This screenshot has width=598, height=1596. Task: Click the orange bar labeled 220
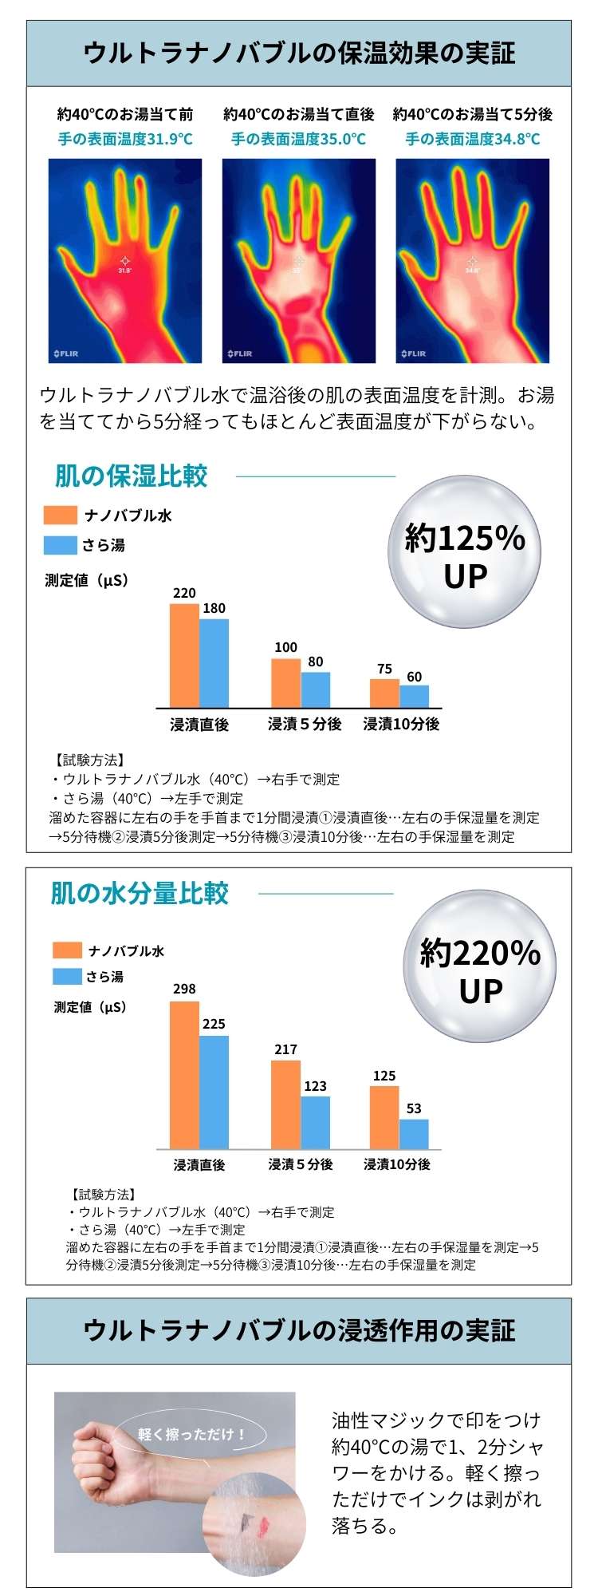click(184, 655)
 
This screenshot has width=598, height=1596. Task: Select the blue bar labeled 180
click(214, 663)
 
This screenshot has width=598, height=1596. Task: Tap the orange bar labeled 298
click(184, 1075)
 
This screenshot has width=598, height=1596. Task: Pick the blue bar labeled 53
click(414, 1133)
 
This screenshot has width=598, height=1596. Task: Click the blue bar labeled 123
click(315, 1122)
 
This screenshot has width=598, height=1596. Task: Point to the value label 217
click(285, 1049)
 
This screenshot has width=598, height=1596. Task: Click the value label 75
click(384, 669)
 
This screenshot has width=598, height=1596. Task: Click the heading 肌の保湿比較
click(131, 476)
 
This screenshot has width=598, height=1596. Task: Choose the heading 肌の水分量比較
click(140, 893)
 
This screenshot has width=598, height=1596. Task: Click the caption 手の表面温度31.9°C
click(125, 139)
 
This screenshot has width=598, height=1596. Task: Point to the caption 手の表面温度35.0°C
click(298, 139)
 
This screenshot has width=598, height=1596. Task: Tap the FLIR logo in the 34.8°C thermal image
click(413, 353)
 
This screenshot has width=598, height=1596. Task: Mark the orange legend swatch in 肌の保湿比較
click(61, 516)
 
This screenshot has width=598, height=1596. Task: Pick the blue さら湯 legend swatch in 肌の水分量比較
click(67, 976)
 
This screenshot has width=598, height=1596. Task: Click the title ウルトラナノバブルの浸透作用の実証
click(299, 1330)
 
